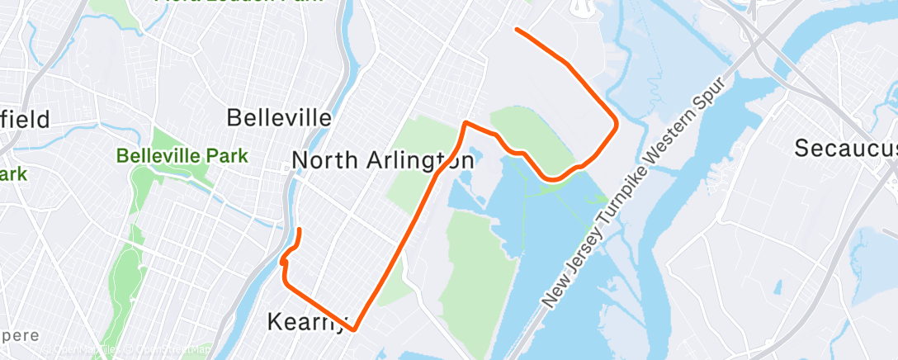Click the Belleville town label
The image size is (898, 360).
[x=279, y=117]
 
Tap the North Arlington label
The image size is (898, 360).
[x=383, y=159]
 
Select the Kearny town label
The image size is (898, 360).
[x=308, y=321]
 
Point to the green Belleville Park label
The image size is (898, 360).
[x=171, y=155]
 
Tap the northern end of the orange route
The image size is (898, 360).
[x=517, y=30]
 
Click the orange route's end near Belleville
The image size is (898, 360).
[x=299, y=229]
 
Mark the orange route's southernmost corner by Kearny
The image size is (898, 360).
[x=354, y=329]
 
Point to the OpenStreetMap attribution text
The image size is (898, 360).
[x=165, y=349]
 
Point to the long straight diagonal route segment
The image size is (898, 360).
[x=396, y=248]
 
